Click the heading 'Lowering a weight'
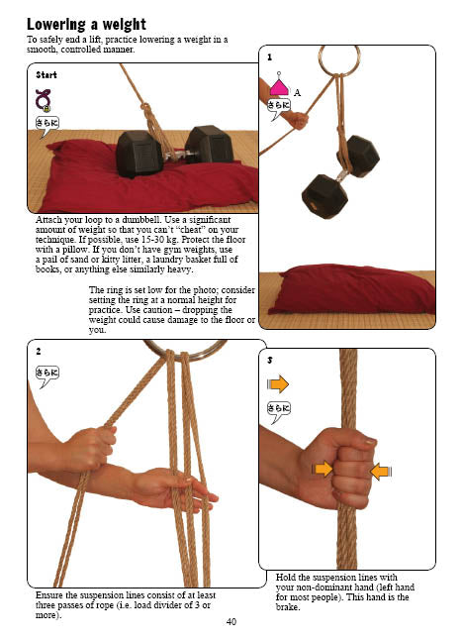click(x=86, y=24)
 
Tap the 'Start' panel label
click(x=46, y=75)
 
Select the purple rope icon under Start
click(x=43, y=100)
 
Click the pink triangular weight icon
click(x=279, y=85)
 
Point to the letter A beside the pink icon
click(x=298, y=93)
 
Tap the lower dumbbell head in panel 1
click(x=324, y=197)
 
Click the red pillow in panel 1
click(x=352, y=289)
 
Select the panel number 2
click(x=39, y=352)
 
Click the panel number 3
click(x=269, y=360)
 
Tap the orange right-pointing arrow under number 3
click(x=278, y=384)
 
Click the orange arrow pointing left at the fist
click(x=381, y=472)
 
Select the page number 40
click(x=231, y=622)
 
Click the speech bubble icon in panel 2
click(x=47, y=376)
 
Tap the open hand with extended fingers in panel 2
click(x=177, y=488)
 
